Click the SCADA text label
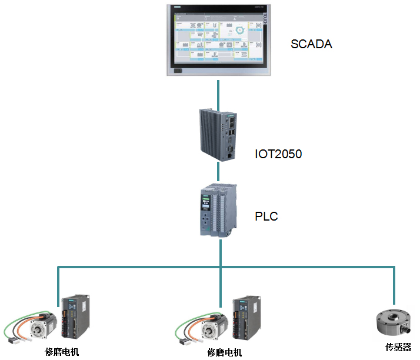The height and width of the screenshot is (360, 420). (x=312, y=44)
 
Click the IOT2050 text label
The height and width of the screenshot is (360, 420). (x=278, y=154)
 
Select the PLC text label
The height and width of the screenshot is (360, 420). (x=266, y=216)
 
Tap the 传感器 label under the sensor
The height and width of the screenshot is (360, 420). (x=398, y=348)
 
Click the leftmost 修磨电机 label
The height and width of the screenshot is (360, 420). (x=62, y=352)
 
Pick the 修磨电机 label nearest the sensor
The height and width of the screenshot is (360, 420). (x=224, y=352)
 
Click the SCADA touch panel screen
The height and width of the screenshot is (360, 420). (x=218, y=37)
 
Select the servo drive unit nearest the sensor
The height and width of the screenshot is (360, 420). (x=245, y=318)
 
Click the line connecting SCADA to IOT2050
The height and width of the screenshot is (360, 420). (x=219, y=93)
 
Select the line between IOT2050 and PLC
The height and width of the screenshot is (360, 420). (x=219, y=171)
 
